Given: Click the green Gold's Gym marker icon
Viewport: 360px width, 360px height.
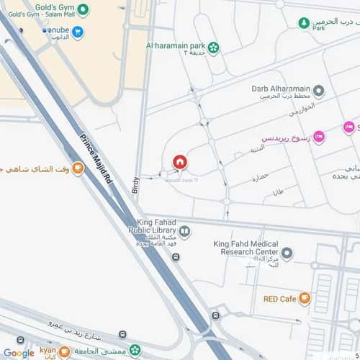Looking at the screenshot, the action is [x=83, y=10].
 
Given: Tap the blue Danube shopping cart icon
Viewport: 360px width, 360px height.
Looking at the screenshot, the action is [x=78, y=32].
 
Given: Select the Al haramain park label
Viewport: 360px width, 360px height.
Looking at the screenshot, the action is [x=176, y=47].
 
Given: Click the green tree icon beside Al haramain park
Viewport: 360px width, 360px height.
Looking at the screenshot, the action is [x=214, y=48].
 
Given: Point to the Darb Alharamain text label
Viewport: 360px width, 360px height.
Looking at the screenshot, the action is [x=279, y=89].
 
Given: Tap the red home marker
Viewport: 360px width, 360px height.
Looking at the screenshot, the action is [x=180, y=162].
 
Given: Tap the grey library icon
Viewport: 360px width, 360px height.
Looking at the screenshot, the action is [x=185, y=232].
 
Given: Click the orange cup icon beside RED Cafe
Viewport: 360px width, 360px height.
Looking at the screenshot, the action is [x=305, y=298].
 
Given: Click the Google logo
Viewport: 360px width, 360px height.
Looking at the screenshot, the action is [x=18, y=353].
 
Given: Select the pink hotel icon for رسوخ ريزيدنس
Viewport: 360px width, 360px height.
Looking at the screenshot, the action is [x=319, y=137].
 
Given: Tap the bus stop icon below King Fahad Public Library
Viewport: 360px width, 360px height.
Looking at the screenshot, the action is [x=176, y=257].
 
